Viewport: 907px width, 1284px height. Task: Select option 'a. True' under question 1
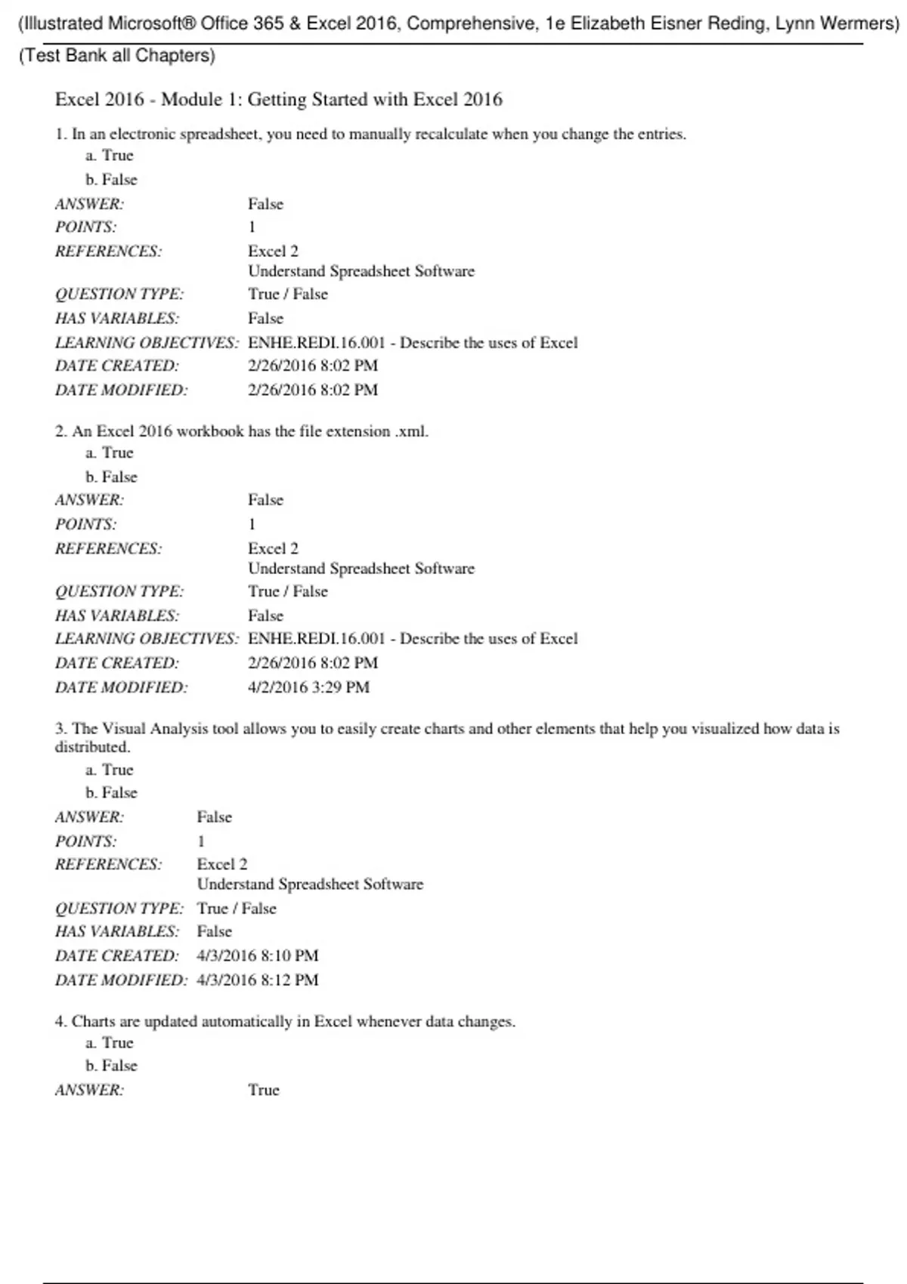click(110, 156)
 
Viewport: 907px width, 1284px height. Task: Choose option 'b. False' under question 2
click(111, 477)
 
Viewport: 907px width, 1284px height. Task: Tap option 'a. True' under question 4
click(110, 1043)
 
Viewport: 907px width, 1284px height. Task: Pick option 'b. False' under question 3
click(111, 792)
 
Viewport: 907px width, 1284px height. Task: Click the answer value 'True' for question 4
click(264, 1090)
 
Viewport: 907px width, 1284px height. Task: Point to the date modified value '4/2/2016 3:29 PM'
click(308, 687)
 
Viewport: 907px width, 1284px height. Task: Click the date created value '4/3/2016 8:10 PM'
click(258, 955)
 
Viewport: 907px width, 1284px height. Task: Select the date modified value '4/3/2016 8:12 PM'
click(258, 980)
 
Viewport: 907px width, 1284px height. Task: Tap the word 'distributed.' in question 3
click(92, 747)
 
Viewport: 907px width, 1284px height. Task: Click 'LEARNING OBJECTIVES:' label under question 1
click(147, 343)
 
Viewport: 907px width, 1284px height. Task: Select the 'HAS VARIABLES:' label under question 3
click(117, 931)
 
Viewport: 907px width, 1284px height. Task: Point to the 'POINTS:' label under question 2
click(85, 524)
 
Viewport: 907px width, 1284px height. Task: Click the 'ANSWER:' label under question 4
click(89, 1090)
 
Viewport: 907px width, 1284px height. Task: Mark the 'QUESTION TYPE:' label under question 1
click(119, 294)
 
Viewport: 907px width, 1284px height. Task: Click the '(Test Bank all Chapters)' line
click(117, 56)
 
